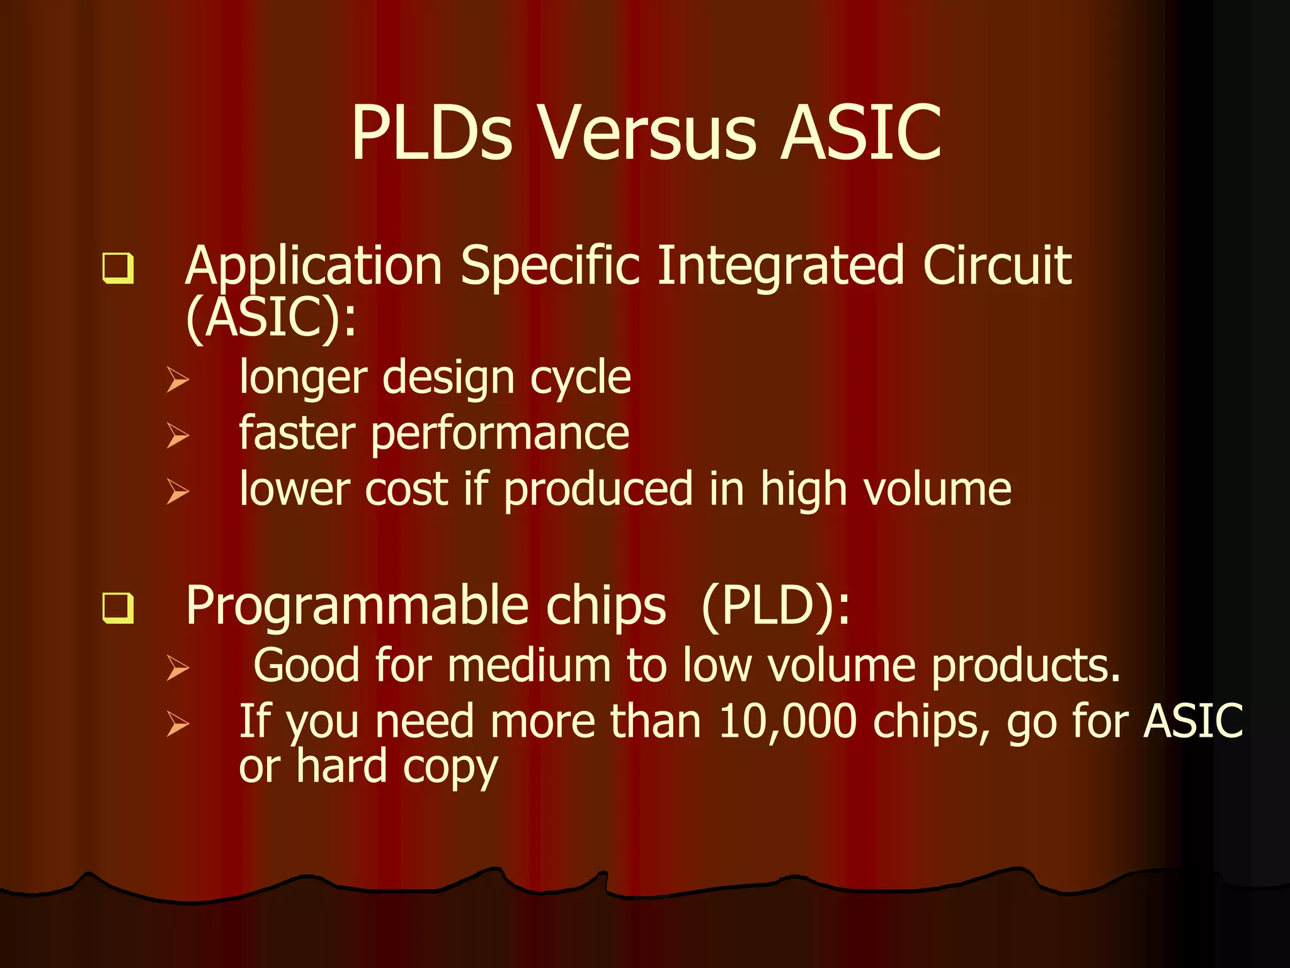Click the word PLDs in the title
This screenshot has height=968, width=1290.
click(x=432, y=134)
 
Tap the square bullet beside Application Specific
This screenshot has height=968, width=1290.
click(x=118, y=268)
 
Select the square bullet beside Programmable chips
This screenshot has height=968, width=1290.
click(x=118, y=608)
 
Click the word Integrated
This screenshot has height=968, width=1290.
click(x=781, y=266)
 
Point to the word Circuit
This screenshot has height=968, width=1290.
click(x=996, y=266)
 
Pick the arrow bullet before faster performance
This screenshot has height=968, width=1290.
click(x=178, y=435)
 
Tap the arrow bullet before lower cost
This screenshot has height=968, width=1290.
click(x=178, y=491)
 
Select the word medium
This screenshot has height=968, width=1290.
click(x=529, y=666)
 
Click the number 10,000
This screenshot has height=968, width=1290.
click(x=787, y=722)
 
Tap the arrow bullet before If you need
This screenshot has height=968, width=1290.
click(x=178, y=724)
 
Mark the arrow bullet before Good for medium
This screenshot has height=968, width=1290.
click(x=178, y=667)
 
